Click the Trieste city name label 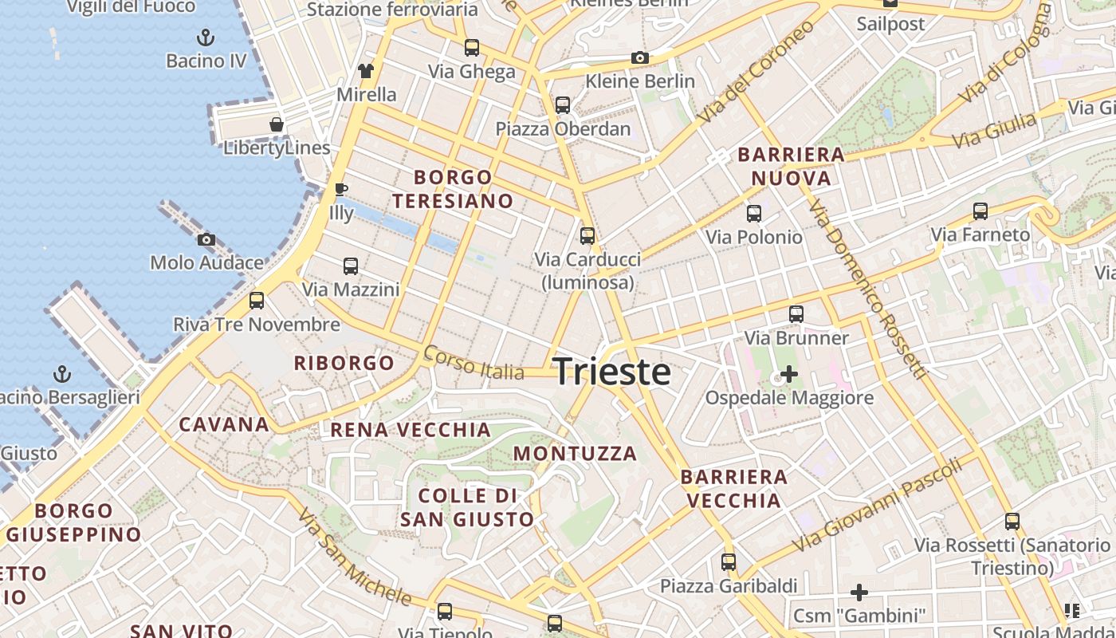(x=611, y=372)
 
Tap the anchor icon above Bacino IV (x=206, y=37)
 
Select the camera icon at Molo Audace (x=206, y=239)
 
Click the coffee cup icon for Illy (x=341, y=190)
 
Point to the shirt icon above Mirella (x=366, y=71)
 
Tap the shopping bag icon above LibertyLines (x=277, y=124)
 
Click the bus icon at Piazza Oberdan (x=563, y=105)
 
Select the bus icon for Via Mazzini (x=351, y=266)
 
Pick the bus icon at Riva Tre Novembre (x=257, y=301)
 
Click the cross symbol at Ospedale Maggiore (x=789, y=373)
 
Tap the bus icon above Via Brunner (x=796, y=314)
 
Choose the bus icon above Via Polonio (x=753, y=214)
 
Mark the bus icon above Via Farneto (x=980, y=211)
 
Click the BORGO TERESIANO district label (x=453, y=189)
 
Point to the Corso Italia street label (x=474, y=363)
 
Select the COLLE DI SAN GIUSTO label (x=467, y=507)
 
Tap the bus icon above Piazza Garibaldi (x=729, y=562)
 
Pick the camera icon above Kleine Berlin (x=639, y=57)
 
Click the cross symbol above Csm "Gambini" (x=859, y=593)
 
